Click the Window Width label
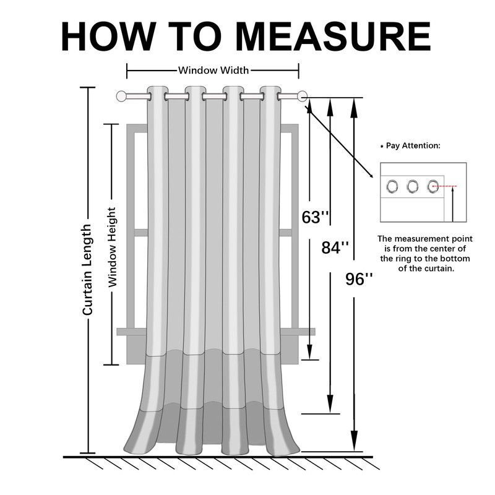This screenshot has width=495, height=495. coord(213,70)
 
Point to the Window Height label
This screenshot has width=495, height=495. coord(113,246)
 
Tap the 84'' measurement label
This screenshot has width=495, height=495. coord(335,247)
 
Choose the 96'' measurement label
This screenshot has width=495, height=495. coord(359,279)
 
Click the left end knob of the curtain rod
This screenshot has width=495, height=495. coord(121,96)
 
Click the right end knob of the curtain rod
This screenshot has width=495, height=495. coord(302,96)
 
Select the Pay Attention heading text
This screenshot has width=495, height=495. coord(413,146)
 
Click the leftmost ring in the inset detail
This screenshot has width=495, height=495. coord(392,186)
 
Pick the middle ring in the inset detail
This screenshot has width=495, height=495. coord(413,186)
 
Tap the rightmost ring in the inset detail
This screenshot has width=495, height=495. coord(433,186)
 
